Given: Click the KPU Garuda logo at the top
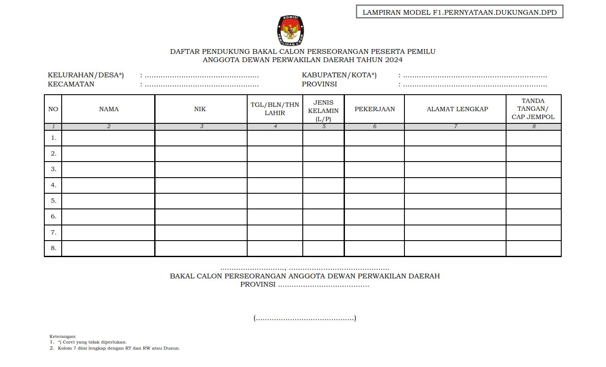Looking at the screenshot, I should tap(290, 31).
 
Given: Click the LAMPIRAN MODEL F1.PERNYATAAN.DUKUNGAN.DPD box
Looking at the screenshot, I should tap(460, 12).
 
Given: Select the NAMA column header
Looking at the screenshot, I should tap(109, 109).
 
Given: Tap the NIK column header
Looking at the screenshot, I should tap(200, 109).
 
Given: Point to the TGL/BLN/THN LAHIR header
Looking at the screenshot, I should tap(275, 109).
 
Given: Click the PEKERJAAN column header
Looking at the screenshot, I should tap(374, 109).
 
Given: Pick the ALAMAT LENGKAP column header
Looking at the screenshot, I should tap(455, 109).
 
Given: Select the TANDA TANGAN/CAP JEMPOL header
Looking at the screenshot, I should tap(533, 109).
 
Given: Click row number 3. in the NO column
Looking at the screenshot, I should tap(53, 169).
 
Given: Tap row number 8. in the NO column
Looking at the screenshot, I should tap(53, 248).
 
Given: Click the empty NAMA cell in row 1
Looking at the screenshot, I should tap(108, 138).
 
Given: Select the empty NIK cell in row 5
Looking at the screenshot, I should tap(201, 201).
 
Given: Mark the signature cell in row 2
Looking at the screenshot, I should tap(533, 154).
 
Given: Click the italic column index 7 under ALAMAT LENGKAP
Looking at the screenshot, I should tap(455, 127).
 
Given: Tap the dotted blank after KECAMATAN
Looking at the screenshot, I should tap(202, 85).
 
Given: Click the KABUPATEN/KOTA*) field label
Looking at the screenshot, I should tap(339, 75).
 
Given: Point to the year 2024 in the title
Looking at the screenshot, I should tap(393, 60).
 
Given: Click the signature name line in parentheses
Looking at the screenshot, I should tap(305, 318).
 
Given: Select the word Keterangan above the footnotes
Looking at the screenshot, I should tap(63, 336).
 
